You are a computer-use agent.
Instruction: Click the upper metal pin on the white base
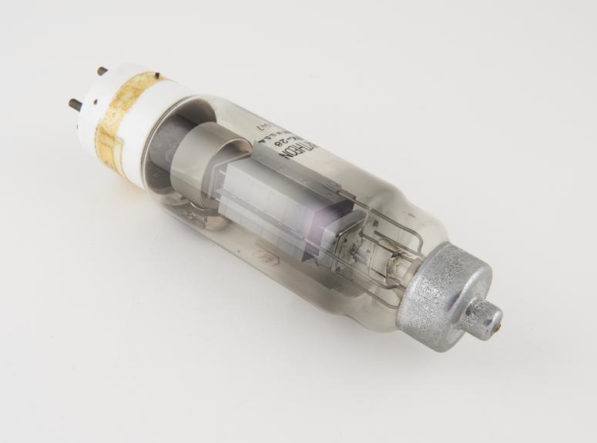[102, 71]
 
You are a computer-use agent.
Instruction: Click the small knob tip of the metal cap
[487, 316]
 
